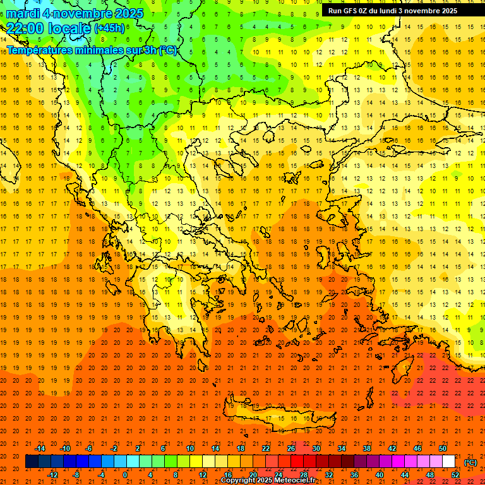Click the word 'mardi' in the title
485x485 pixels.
[x=23, y=13]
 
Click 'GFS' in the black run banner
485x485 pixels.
[x=352, y=11]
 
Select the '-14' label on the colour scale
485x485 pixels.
[x=40, y=448]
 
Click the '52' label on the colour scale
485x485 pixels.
[x=455, y=475]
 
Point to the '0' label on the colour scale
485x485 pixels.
[x=125, y=475]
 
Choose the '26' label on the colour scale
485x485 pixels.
[x=291, y=448]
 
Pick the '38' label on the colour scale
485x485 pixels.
[x=367, y=448]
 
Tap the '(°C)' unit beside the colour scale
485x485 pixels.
[x=470, y=462]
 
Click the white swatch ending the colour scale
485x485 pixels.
[x=448, y=462]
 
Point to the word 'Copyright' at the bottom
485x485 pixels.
[x=239, y=481]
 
